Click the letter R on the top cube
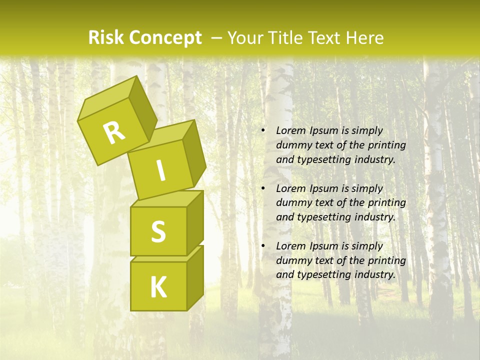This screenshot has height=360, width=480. click(x=114, y=133)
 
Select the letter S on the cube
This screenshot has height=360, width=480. click(x=158, y=231)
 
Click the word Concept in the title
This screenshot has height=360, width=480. click(x=165, y=37)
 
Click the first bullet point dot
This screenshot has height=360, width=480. click(x=263, y=130)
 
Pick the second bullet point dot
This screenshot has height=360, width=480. click(x=263, y=188)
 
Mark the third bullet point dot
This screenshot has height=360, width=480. click(x=263, y=246)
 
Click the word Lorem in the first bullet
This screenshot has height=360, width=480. click(x=289, y=130)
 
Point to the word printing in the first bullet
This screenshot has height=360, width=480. click(x=387, y=145)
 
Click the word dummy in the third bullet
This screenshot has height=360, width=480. click(x=292, y=260)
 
